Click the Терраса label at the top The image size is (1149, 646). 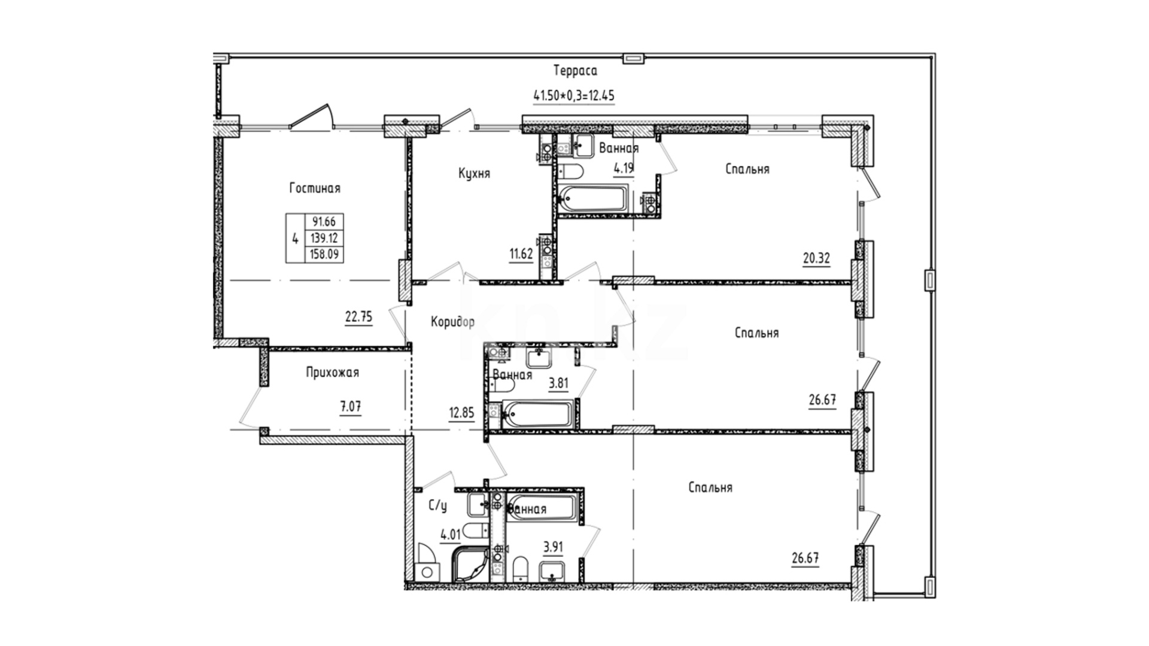click(x=575, y=71)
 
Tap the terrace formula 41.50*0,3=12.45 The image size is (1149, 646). click(x=574, y=95)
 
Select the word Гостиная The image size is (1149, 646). click(x=315, y=188)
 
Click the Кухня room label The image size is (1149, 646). click(x=474, y=173)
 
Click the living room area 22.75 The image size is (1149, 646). click(x=358, y=317)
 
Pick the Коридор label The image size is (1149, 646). click(x=453, y=322)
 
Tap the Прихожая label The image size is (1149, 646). click(x=332, y=373)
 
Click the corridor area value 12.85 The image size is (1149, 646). click(x=462, y=412)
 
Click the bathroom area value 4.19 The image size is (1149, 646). click(x=624, y=167)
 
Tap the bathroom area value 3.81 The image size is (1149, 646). click(x=558, y=383)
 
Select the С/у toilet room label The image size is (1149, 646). click(x=437, y=506)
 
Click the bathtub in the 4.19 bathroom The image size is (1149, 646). click(x=592, y=198)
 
